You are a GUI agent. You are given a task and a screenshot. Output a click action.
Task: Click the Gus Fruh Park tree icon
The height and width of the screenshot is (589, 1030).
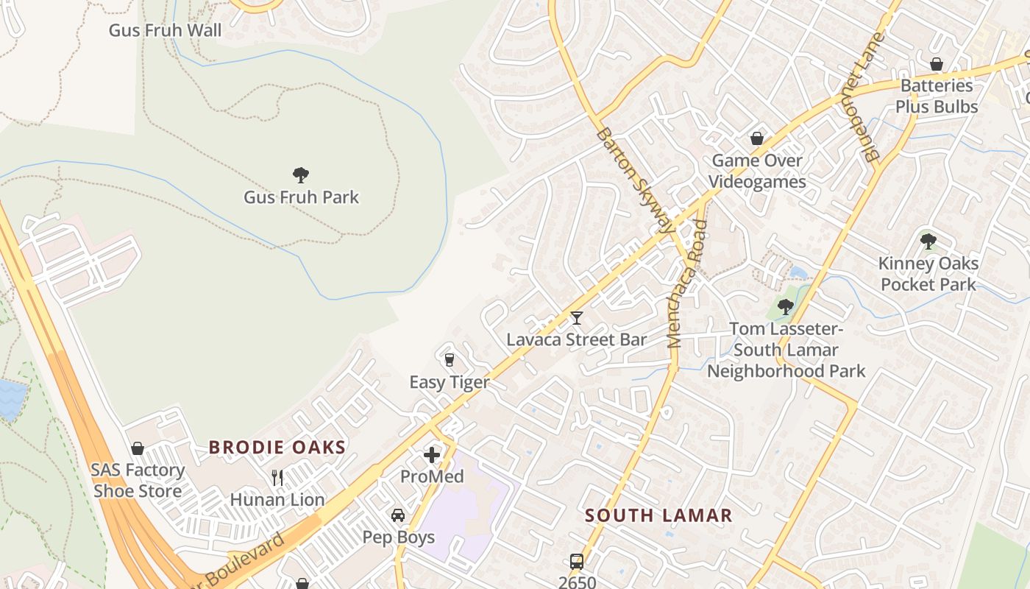[300, 175]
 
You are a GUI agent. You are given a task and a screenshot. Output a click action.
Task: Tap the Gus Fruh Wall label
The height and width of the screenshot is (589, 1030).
[165, 30]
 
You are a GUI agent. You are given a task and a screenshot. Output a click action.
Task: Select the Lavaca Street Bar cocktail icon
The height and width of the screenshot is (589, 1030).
[577, 318]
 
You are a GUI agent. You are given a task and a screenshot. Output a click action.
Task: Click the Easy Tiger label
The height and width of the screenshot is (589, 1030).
[450, 382]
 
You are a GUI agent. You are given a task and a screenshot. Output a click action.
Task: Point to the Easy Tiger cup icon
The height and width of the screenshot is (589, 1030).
[450, 360]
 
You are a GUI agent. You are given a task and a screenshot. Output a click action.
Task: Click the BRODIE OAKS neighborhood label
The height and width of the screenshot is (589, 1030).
[277, 447]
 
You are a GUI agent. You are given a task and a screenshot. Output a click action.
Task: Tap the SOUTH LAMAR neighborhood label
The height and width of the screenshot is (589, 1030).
[659, 515]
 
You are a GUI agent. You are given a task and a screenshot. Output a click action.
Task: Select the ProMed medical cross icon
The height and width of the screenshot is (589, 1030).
[432, 455]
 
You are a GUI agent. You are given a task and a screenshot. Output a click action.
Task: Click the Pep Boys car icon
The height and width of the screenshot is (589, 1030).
[398, 515]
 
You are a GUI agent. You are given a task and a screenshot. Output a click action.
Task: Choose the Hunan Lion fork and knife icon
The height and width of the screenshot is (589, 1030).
[277, 478]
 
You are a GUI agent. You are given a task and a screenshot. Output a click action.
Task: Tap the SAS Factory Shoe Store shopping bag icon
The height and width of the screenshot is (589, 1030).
[138, 448]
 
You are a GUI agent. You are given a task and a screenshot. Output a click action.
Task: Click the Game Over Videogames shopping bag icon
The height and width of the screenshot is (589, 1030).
[756, 138]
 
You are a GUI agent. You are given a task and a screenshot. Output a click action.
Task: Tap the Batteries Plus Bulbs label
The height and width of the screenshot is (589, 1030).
[937, 96]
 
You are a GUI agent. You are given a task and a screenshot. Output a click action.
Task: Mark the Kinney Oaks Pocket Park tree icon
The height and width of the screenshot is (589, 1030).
[928, 241]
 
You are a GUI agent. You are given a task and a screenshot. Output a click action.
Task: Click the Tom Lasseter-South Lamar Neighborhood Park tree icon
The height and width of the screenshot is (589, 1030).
[786, 306]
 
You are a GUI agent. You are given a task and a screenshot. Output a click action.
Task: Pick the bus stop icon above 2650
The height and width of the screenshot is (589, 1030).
[577, 562]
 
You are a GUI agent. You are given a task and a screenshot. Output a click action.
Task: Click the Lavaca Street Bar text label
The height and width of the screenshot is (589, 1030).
[577, 339]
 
